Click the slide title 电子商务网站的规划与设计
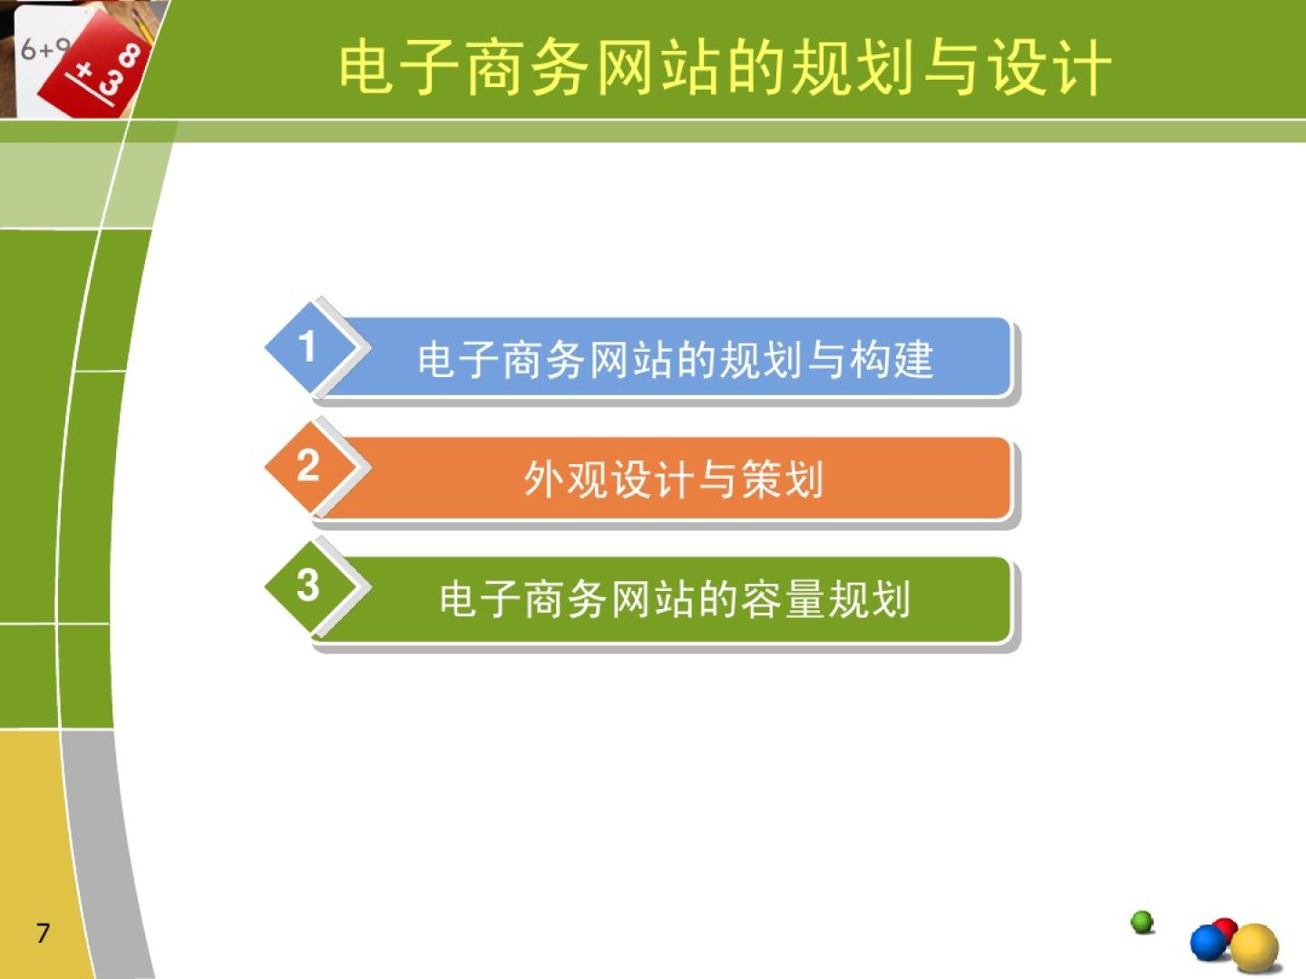[724, 67]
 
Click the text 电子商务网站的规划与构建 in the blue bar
[676, 360]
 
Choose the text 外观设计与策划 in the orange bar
[674, 480]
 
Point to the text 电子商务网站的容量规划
[675, 599]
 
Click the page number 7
[43, 933]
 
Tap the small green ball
[1142, 922]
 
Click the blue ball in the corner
[1209, 944]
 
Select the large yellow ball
[1254, 948]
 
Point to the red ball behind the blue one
[1227, 928]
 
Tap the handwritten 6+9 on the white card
[45, 50]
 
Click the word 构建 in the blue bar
[891, 360]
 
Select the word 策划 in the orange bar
[783, 480]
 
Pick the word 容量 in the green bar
[783, 599]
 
